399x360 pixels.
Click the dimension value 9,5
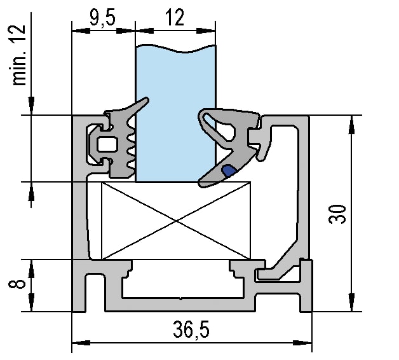coord(102,17)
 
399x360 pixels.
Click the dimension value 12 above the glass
coord(175,17)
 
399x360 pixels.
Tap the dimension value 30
coord(339,214)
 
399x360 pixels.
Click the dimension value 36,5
coord(191,329)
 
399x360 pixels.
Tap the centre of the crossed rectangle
coord(176,221)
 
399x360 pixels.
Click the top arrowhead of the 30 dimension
coord(349,121)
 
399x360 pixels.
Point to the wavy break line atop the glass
coord(175,47)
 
